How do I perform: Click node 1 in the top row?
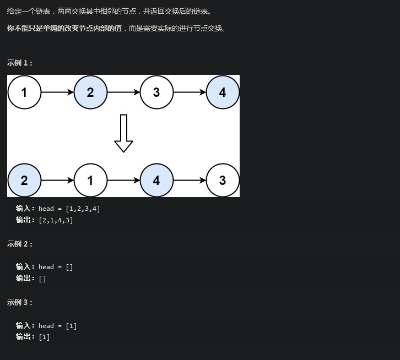(x=24, y=92)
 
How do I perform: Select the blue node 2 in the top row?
(x=90, y=92)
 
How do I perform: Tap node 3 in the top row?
(x=156, y=92)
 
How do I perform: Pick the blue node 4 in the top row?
(x=223, y=92)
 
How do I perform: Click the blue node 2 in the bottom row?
(x=24, y=180)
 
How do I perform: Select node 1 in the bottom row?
(x=90, y=180)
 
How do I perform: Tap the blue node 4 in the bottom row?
(x=156, y=180)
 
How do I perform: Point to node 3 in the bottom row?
(x=223, y=180)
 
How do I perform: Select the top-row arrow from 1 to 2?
(x=57, y=92)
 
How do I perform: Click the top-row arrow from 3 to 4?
(x=190, y=92)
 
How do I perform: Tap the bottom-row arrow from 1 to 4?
(x=123, y=180)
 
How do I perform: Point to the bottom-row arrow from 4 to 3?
(x=190, y=180)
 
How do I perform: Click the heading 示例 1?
(x=20, y=63)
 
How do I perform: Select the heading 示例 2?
(x=20, y=244)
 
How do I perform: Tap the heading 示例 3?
(x=20, y=302)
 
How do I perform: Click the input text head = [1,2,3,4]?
(x=69, y=209)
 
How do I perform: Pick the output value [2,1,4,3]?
(x=56, y=220)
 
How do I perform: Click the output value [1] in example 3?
(x=44, y=337)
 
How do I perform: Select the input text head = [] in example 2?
(x=56, y=267)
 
